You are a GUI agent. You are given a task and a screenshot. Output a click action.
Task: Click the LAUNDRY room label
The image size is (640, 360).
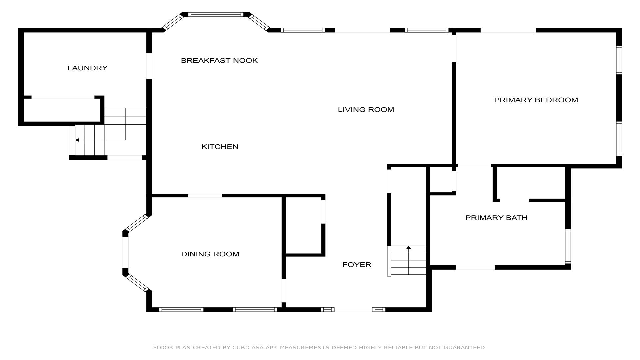click(87, 68)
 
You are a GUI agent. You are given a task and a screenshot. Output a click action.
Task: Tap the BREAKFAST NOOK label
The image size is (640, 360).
click(219, 60)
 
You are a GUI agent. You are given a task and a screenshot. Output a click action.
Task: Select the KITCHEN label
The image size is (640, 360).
click(220, 147)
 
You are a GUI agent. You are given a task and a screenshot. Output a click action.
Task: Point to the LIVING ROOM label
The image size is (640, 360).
click(366, 109)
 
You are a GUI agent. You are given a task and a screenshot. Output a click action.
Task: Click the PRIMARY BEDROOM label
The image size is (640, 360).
click(536, 100)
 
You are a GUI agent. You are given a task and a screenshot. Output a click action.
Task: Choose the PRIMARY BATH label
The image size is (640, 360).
click(496, 218)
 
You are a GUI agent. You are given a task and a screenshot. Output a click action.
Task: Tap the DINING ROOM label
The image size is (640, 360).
click(210, 254)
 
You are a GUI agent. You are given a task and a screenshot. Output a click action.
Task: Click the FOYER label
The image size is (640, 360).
click(357, 265)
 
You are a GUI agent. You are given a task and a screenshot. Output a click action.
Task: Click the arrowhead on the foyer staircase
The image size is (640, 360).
click(409, 247)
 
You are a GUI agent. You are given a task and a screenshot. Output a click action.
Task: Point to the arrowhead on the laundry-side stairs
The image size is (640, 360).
click(77, 140)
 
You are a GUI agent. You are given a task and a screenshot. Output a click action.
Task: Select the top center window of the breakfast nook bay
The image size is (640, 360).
click(216, 14)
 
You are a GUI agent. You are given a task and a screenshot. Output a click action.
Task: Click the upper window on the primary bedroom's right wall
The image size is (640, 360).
click(619, 60)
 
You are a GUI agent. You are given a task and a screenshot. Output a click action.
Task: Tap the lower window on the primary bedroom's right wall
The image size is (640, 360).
click(619, 139)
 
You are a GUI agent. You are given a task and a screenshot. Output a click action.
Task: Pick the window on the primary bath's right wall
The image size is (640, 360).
click(568, 246)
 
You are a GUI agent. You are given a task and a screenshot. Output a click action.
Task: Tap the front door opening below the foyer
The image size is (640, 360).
click(353, 310)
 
